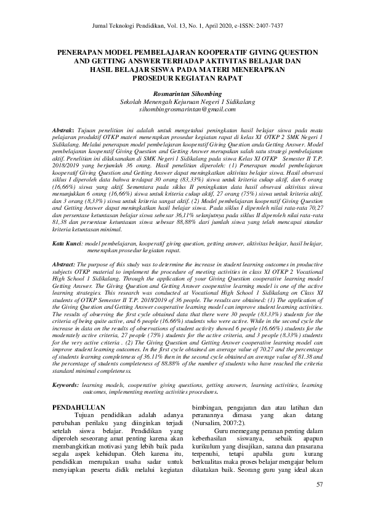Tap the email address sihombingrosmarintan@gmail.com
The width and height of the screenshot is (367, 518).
tap(183, 110)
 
